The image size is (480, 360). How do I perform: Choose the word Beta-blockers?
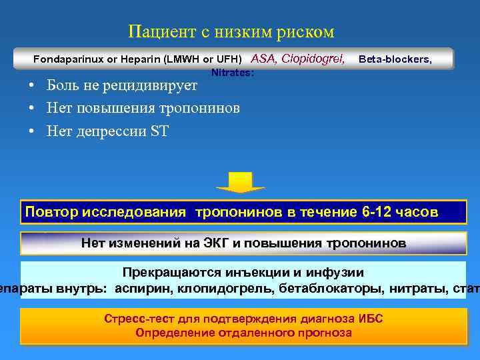[395, 59]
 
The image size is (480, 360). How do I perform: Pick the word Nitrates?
[232, 73]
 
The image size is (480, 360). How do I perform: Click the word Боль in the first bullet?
[63, 85]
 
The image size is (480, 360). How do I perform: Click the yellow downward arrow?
[240, 182]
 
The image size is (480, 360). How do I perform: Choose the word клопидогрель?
[221, 289]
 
